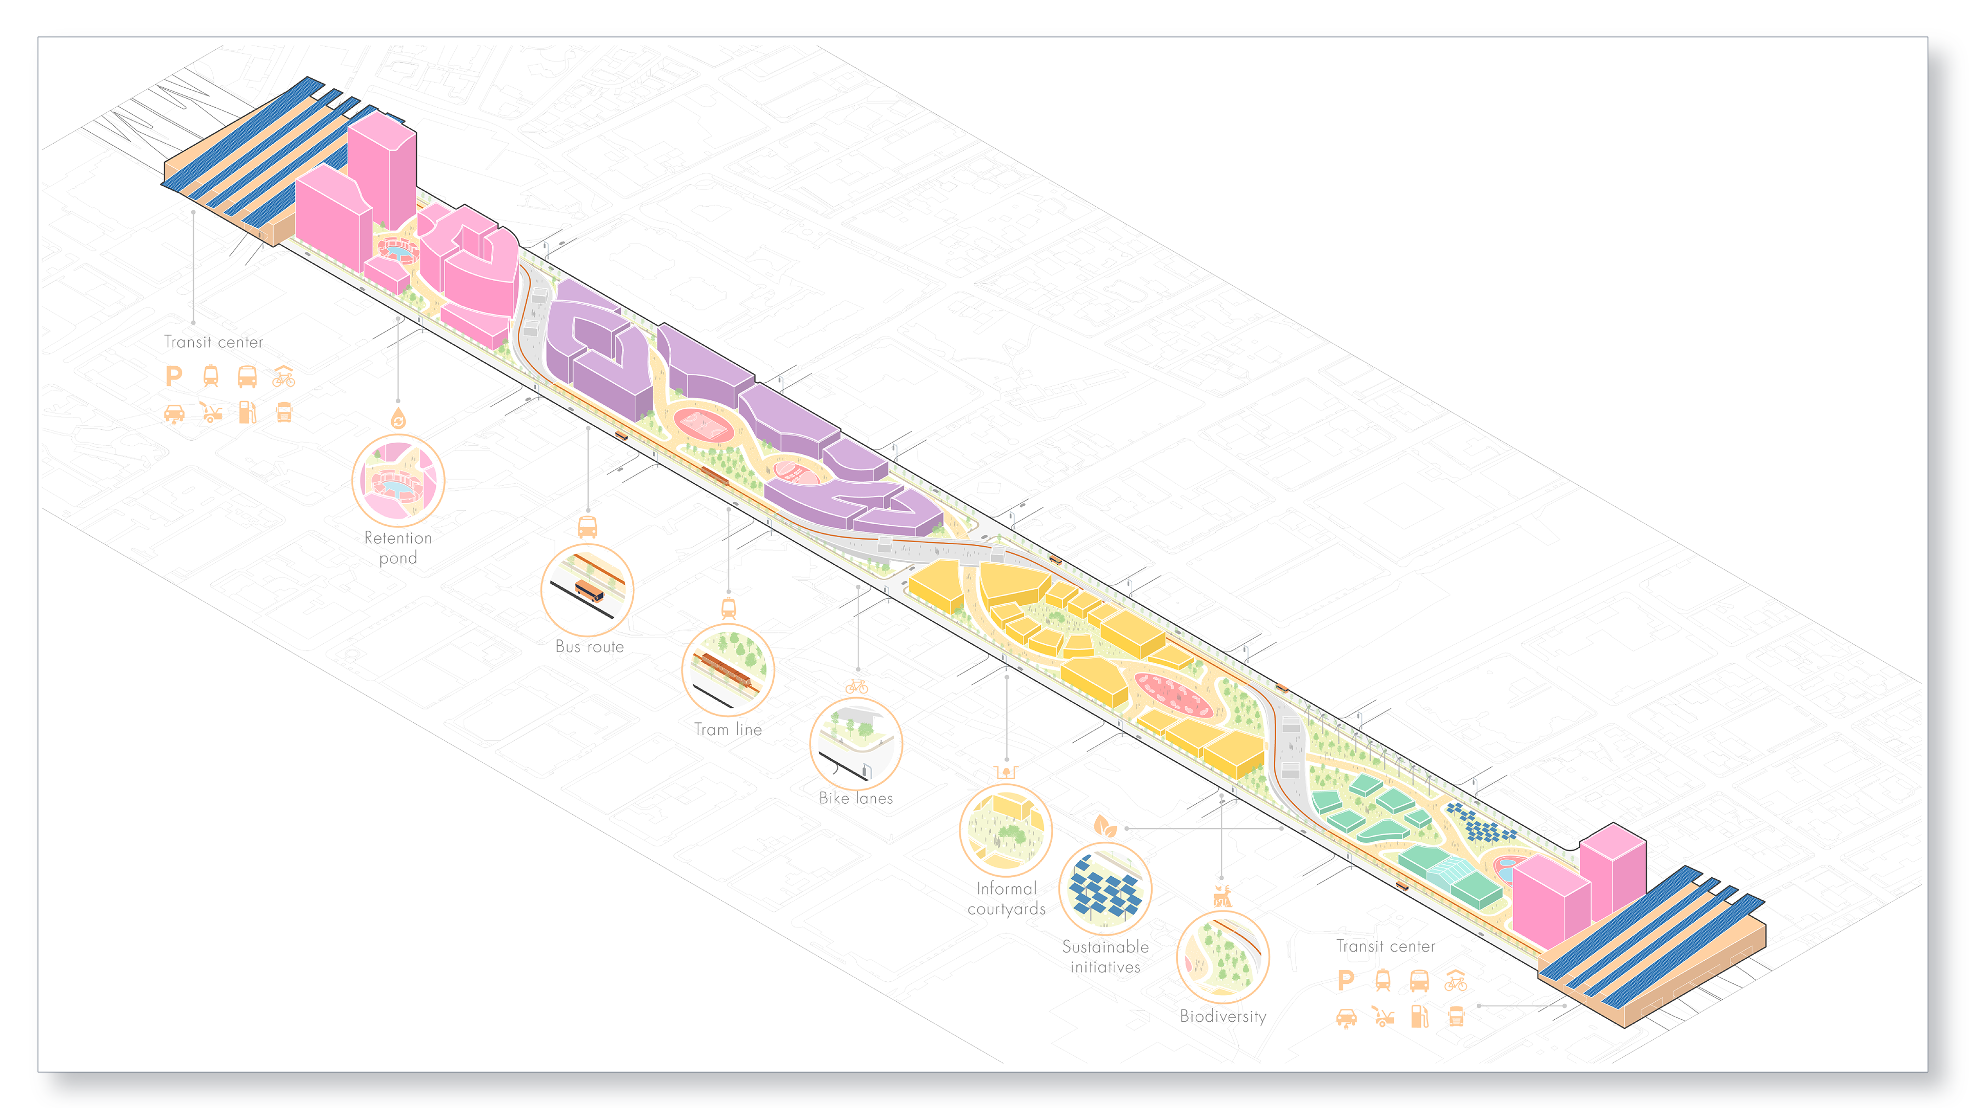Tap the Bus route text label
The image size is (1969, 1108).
click(589, 647)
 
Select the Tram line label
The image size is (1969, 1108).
click(728, 729)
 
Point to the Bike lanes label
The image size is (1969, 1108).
click(856, 798)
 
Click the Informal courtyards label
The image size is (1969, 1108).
click(1006, 899)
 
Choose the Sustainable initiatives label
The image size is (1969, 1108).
click(1106, 957)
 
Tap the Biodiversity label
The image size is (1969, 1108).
click(1223, 1016)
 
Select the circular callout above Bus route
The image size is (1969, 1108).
click(587, 589)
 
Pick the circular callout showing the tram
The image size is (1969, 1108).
click(728, 670)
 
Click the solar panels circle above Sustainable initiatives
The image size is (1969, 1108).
click(1106, 888)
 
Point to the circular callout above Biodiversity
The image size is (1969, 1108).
click(1223, 957)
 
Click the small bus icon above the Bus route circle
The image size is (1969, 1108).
click(587, 527)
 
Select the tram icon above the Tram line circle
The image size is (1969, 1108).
click(729, 609)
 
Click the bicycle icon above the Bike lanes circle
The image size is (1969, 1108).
click(857, 687)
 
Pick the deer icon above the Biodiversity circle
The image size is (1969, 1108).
click(1222, 896)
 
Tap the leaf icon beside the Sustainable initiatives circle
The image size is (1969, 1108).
click(1104, 826)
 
